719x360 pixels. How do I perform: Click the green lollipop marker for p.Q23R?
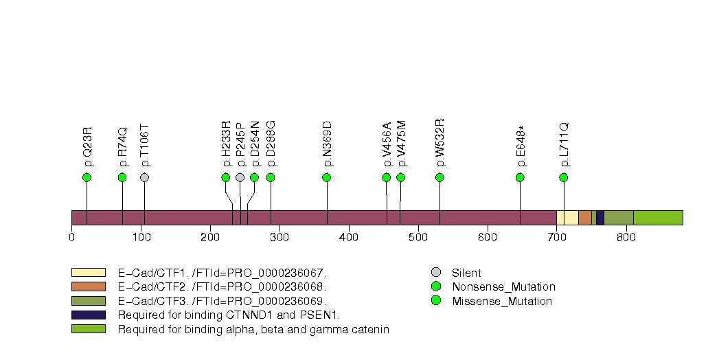pyautogui.click(x=87, y=177)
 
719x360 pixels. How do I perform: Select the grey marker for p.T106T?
pyautogui.click(x=144, y=177)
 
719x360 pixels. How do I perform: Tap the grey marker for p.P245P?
pyautogui.click(x=240, y=177)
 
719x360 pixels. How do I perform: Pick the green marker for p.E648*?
pyautogui.click(x=520, y=177)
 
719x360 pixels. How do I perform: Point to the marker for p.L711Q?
pyautogui.click(x=564, y=177)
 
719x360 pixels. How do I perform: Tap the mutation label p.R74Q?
pyautogui.click(x=123, y=146)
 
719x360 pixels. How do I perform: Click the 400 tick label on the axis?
pyautogui.click(x=349, y=238)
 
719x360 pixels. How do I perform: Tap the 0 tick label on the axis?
pyautogui.click(x=72, y=238)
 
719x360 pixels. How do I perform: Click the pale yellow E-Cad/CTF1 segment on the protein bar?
pyautogui.click(x=567, y=218)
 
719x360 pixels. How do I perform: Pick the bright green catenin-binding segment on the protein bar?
pyautogui.click(x=658, y=218)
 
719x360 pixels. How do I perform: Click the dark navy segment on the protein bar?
pyautogui.click(x=600, y=218)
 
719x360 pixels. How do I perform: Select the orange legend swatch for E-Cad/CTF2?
pyautogui.click(x=88, y=286)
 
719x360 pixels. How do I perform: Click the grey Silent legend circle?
pyautogui.click(x=435, y=273)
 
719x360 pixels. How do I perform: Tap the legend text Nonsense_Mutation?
pyautogui.click(x=503, y=287)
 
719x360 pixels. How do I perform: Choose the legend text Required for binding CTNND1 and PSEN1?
pyautogui.click(x=229, y=315)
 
